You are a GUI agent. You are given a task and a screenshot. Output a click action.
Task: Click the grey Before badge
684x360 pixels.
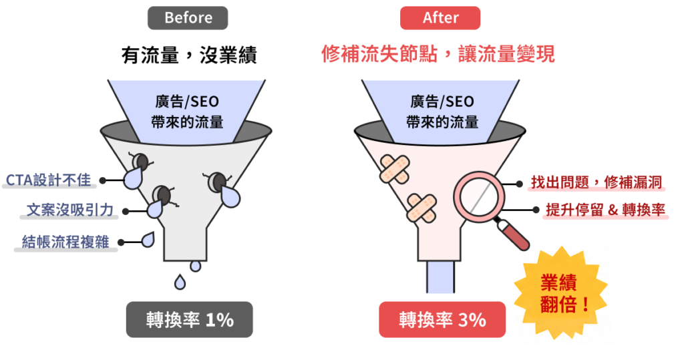coord(188,18)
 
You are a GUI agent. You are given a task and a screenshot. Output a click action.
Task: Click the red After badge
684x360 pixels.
coord(440,18)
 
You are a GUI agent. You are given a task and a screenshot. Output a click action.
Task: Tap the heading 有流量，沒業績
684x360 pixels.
coord(189,55)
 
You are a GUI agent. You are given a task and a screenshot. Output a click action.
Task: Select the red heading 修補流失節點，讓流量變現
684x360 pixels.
coord(438,54)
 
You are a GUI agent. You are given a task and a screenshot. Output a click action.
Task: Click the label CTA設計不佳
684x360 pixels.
coord(48,180)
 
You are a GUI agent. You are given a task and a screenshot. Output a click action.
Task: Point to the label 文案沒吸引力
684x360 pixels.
coord(69,210)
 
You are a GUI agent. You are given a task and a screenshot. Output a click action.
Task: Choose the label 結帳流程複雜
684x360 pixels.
coord(65,242)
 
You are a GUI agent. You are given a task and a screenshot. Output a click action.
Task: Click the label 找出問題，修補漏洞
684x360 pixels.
coord(596,182)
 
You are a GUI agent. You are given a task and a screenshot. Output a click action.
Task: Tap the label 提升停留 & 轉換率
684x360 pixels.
coord(605,210)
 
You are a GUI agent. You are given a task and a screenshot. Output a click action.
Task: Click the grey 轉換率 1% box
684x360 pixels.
coord(189,319)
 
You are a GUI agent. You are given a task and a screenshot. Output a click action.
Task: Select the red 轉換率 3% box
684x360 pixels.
coord(442,319)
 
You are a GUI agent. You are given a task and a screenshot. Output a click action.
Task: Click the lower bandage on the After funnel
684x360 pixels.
coord(421,208)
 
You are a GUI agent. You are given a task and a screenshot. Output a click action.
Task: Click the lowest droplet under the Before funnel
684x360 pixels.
coord(180,282)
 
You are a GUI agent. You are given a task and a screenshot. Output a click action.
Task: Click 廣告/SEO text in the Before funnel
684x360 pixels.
coord(187,102)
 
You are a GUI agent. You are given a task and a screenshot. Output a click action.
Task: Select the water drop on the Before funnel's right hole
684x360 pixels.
coord(230,196)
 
